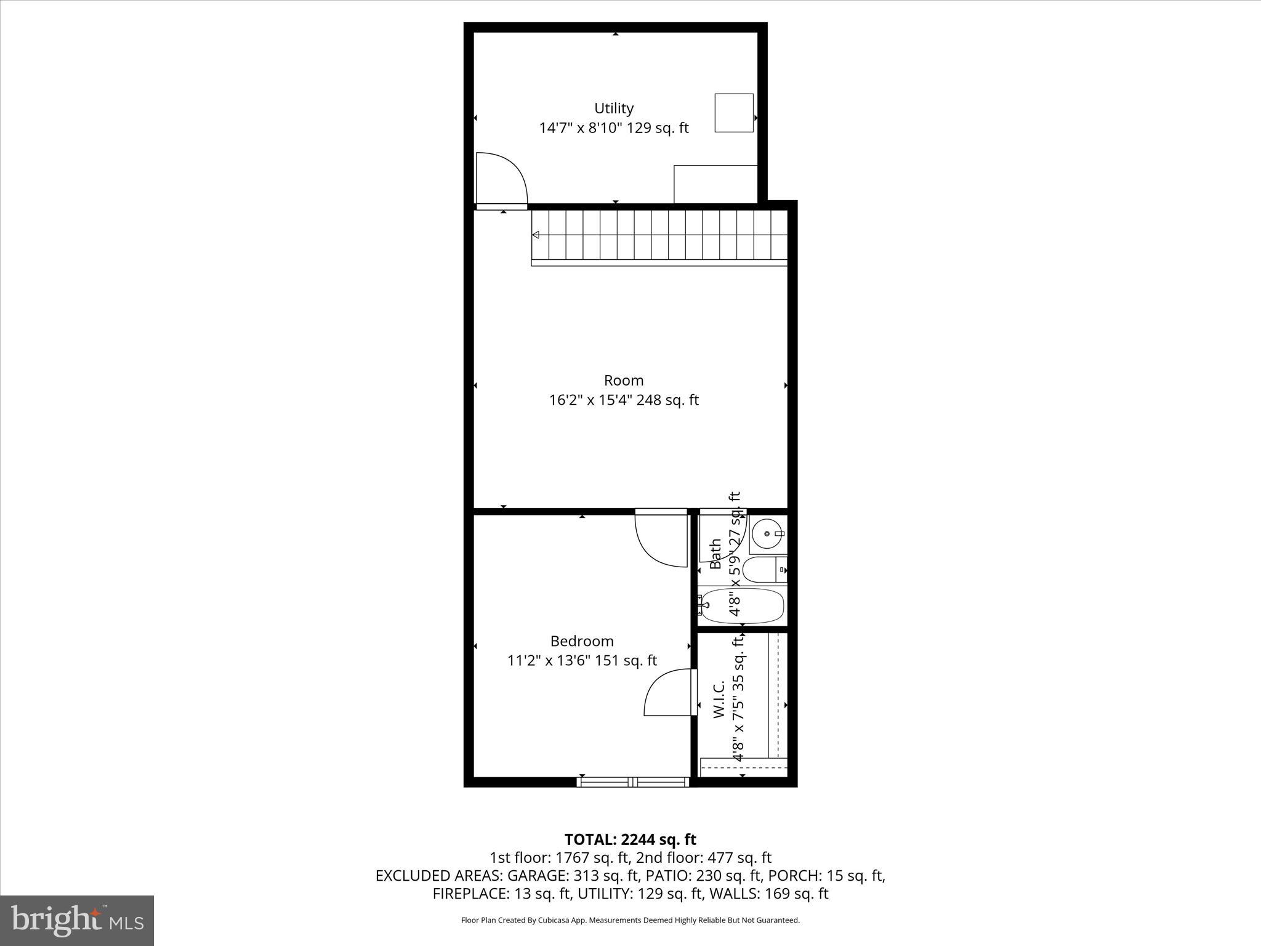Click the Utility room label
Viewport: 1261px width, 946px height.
tap(613, 108)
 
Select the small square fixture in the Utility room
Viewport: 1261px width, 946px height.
tap(733, 113)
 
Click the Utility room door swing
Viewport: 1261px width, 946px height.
tap(500, 178)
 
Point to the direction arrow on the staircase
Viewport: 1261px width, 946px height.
tap(536, 235)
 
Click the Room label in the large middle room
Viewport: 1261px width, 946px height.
tap(623, 380)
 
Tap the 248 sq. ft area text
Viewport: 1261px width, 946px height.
tap(667, 400)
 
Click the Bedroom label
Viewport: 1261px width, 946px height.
tap(581, 641)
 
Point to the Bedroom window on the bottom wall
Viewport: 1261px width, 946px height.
tap(633, 782)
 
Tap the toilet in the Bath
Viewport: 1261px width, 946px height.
tap(764, 570)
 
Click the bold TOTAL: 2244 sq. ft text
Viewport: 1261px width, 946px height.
tap(630, 839)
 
